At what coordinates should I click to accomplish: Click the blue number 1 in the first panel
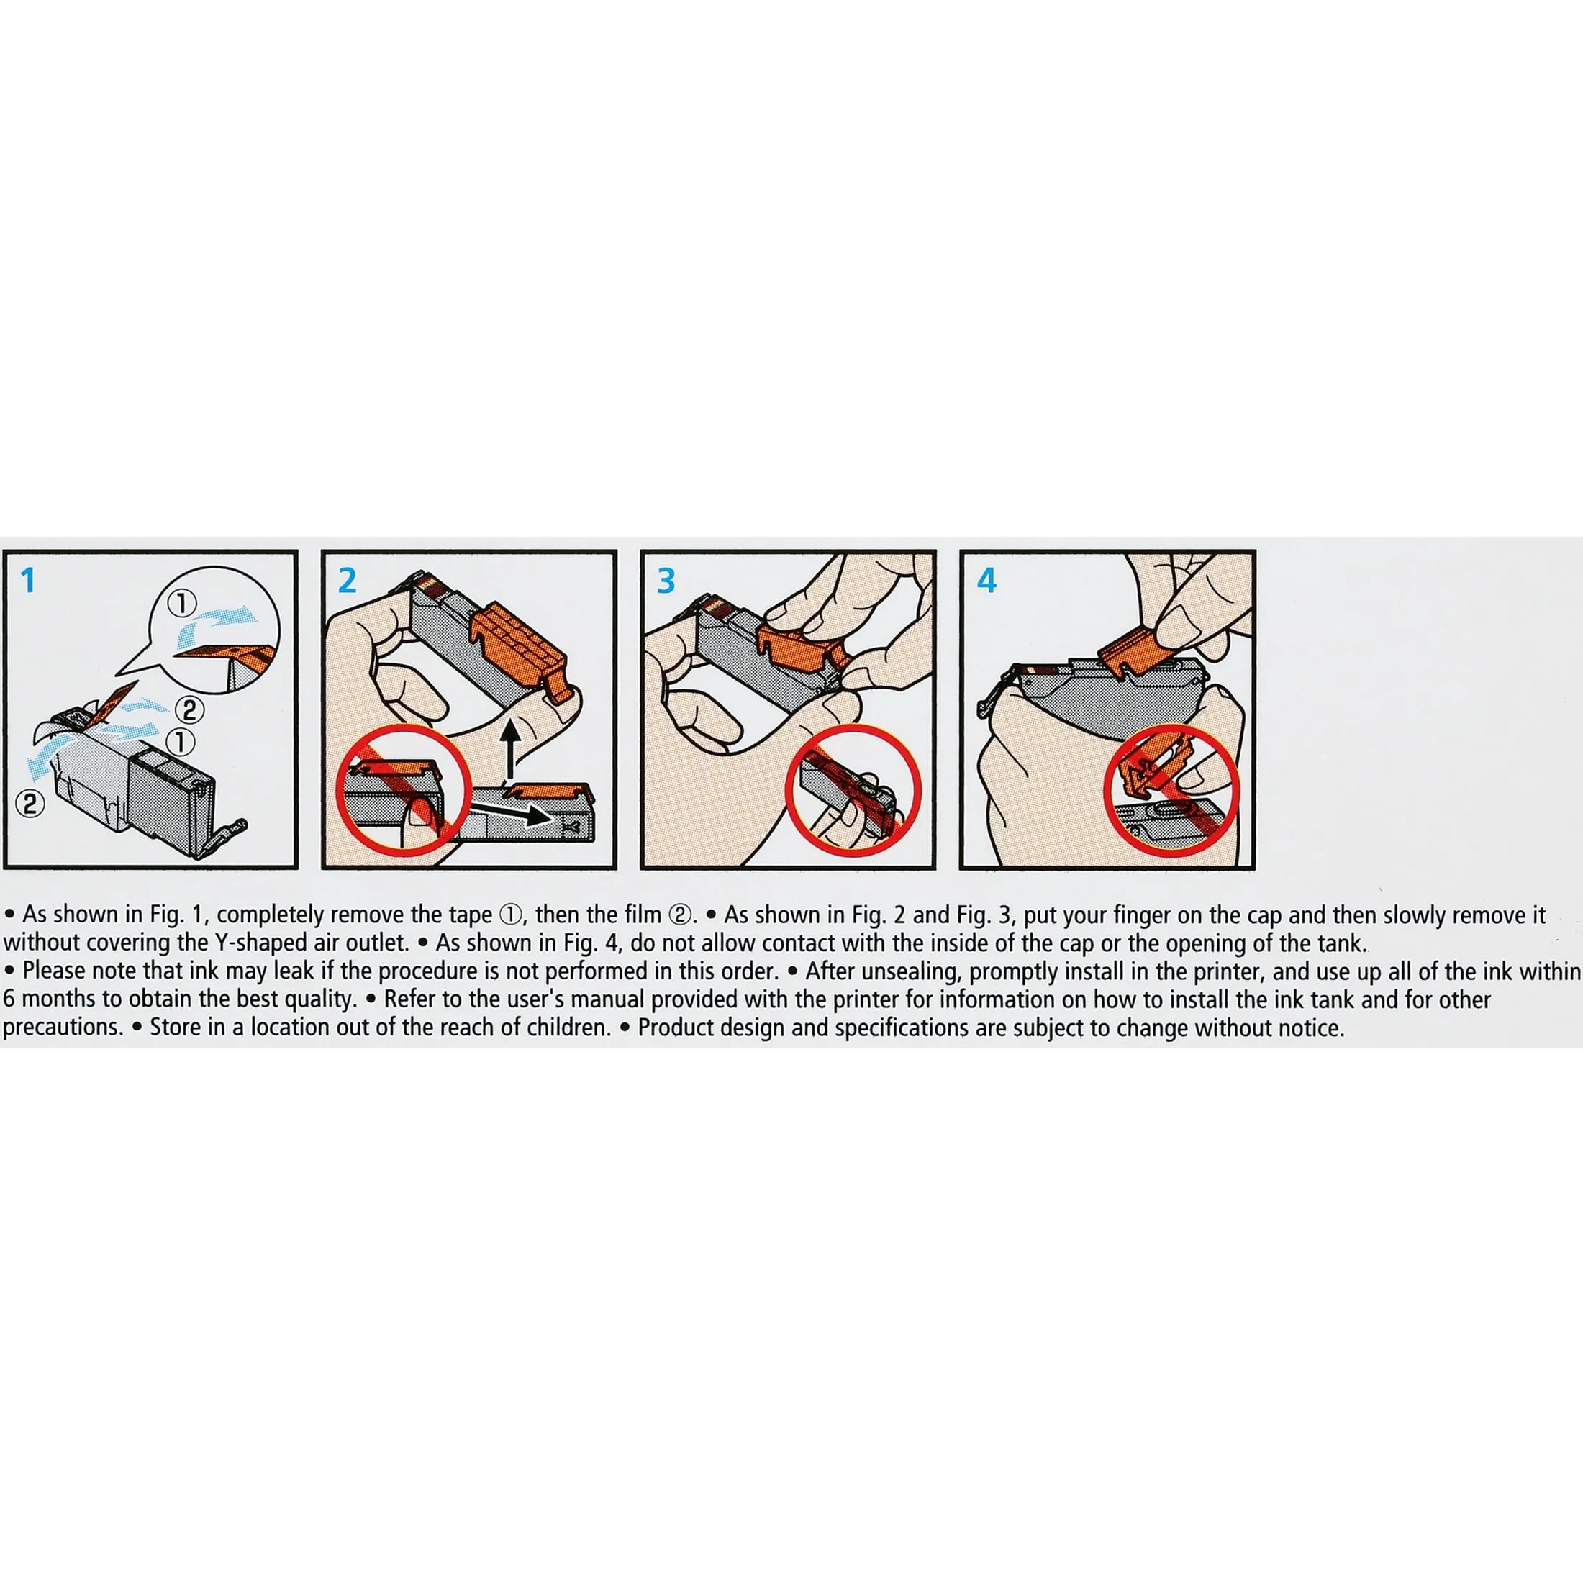pyautogui.click(x=29, y=581)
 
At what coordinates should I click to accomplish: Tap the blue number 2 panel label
pyautogui.click(x=348, y=581)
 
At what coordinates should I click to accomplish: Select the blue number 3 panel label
pyautogui.click(x=666, y=581)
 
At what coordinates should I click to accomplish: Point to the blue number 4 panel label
pyautogui.click(x=986, y=581)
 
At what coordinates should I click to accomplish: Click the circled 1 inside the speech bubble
pyautogui.click(x=182, y=604)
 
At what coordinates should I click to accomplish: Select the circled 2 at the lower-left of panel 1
pyautogui.click(x=30, y=804)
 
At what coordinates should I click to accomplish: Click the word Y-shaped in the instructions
pyautogui.click(x=259, y=943)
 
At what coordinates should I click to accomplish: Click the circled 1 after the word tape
pyautogui.click(x=509, y=915)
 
